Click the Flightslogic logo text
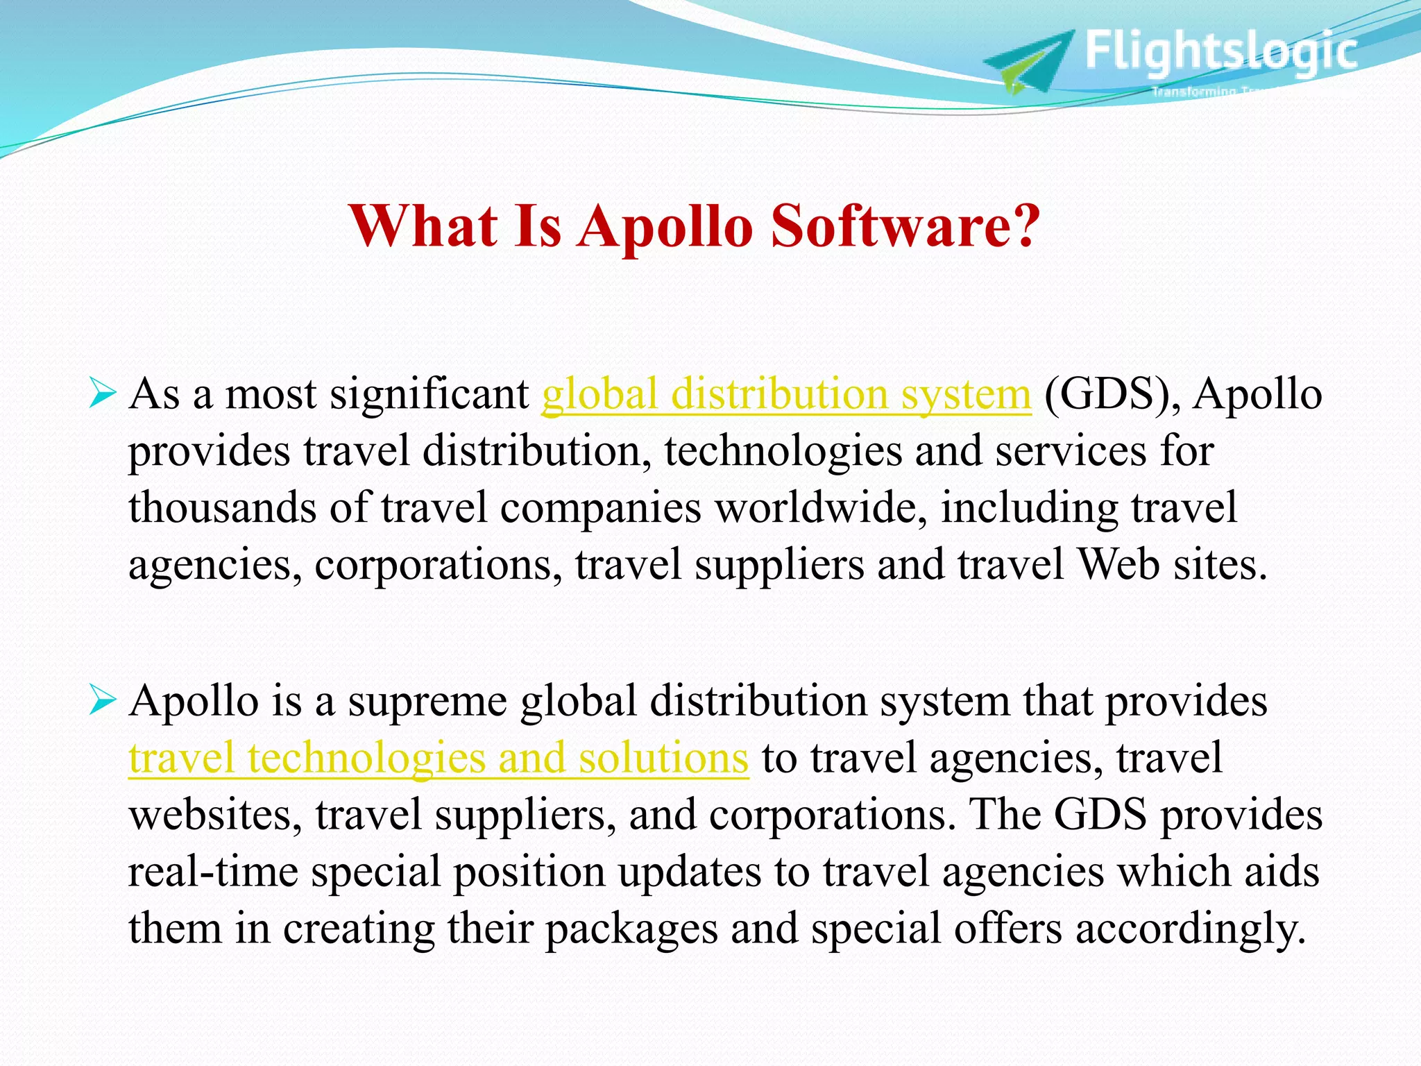(x=1220, y=51)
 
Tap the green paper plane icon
(x=1027, y=62)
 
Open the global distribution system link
(x=786, y=395)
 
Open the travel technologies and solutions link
(x=439, y=758)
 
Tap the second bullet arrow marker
(x=102, y=702)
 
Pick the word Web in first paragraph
(x=1118, y=564)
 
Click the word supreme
(x=427, y=702)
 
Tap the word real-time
(x=213, y=872)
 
